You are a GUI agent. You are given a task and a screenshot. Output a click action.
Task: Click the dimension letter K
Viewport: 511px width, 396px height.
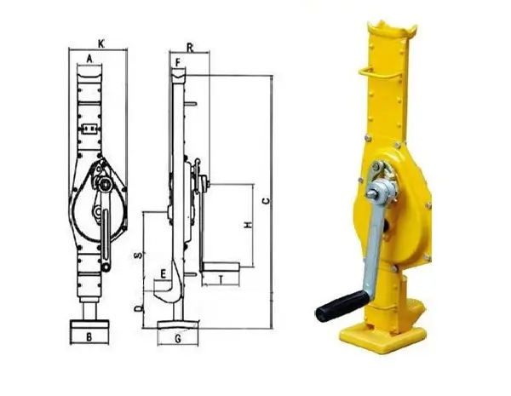(101, 44)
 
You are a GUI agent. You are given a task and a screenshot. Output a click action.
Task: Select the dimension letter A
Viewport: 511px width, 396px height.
(89, 59)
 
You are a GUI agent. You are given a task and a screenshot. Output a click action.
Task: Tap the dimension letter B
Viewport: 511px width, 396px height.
(89, 337)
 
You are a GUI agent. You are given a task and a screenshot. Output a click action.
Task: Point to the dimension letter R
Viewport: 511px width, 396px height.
(190, 49)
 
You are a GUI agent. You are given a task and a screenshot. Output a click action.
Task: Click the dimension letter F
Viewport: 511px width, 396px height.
(178, 62)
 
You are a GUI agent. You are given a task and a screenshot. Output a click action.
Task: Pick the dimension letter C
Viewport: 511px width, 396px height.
(267, 201)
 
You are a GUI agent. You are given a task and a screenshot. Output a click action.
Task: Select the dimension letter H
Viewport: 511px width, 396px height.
(249, 225)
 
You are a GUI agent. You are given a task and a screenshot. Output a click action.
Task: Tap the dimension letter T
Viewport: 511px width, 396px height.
(221, 279)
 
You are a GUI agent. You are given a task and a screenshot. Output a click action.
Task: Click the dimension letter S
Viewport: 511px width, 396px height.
(139, 255)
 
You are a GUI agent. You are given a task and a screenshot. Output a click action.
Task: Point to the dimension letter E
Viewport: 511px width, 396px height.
(164, 273)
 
